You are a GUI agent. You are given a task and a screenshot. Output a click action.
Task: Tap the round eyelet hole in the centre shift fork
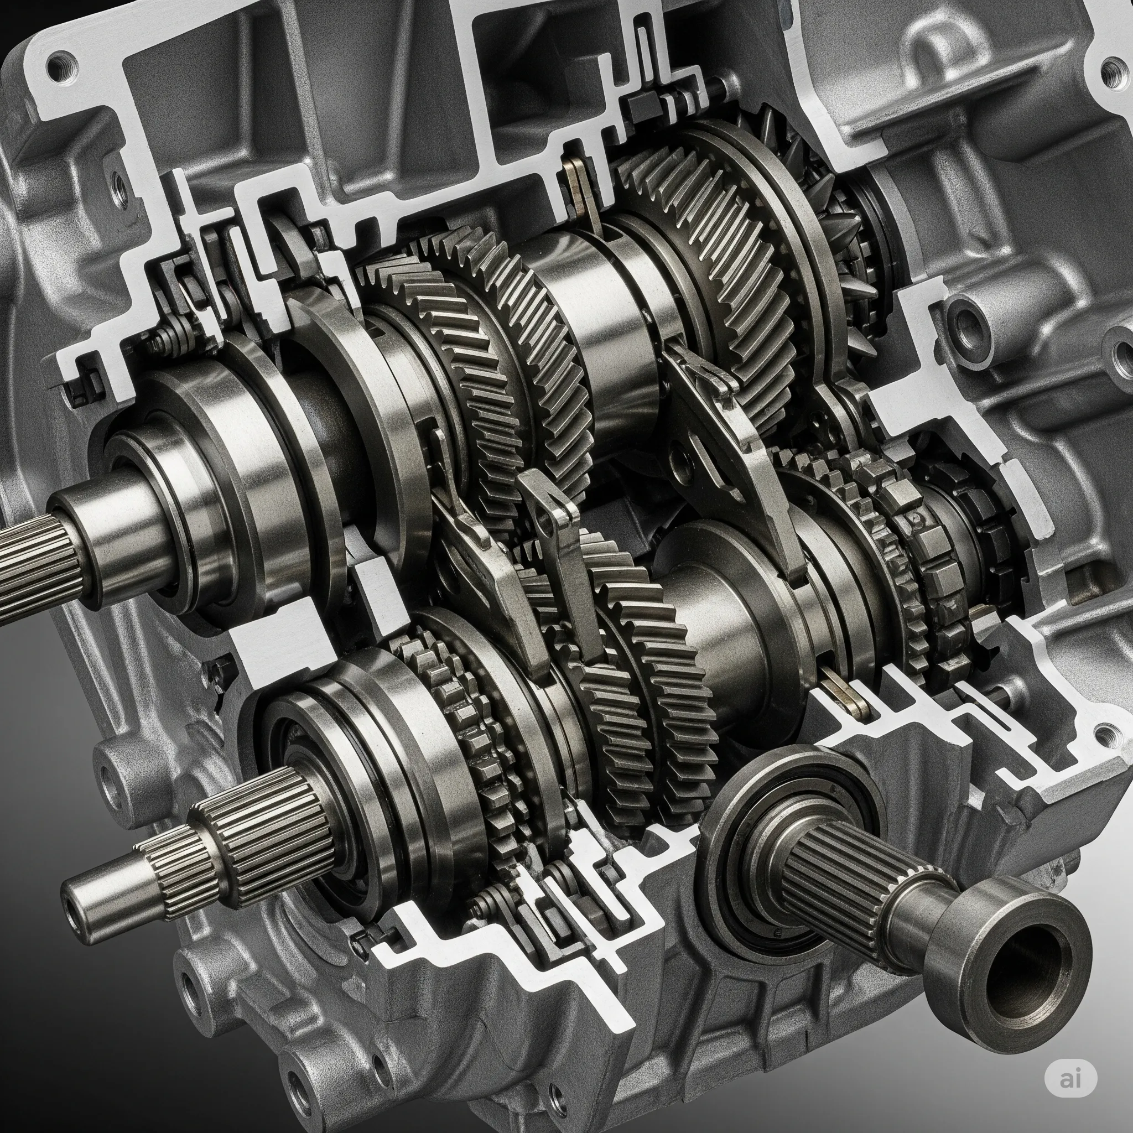(546, 526)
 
